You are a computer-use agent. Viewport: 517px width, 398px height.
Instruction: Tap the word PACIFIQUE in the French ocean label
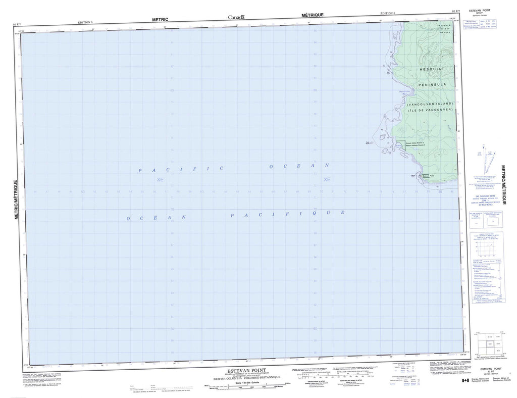coord(287,214)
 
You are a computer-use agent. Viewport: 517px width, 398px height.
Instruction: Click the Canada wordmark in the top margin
coord(236,18)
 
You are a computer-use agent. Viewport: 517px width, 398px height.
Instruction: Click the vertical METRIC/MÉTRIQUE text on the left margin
coord(17,200)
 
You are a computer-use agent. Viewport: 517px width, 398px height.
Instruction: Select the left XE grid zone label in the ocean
coord(160,179)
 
